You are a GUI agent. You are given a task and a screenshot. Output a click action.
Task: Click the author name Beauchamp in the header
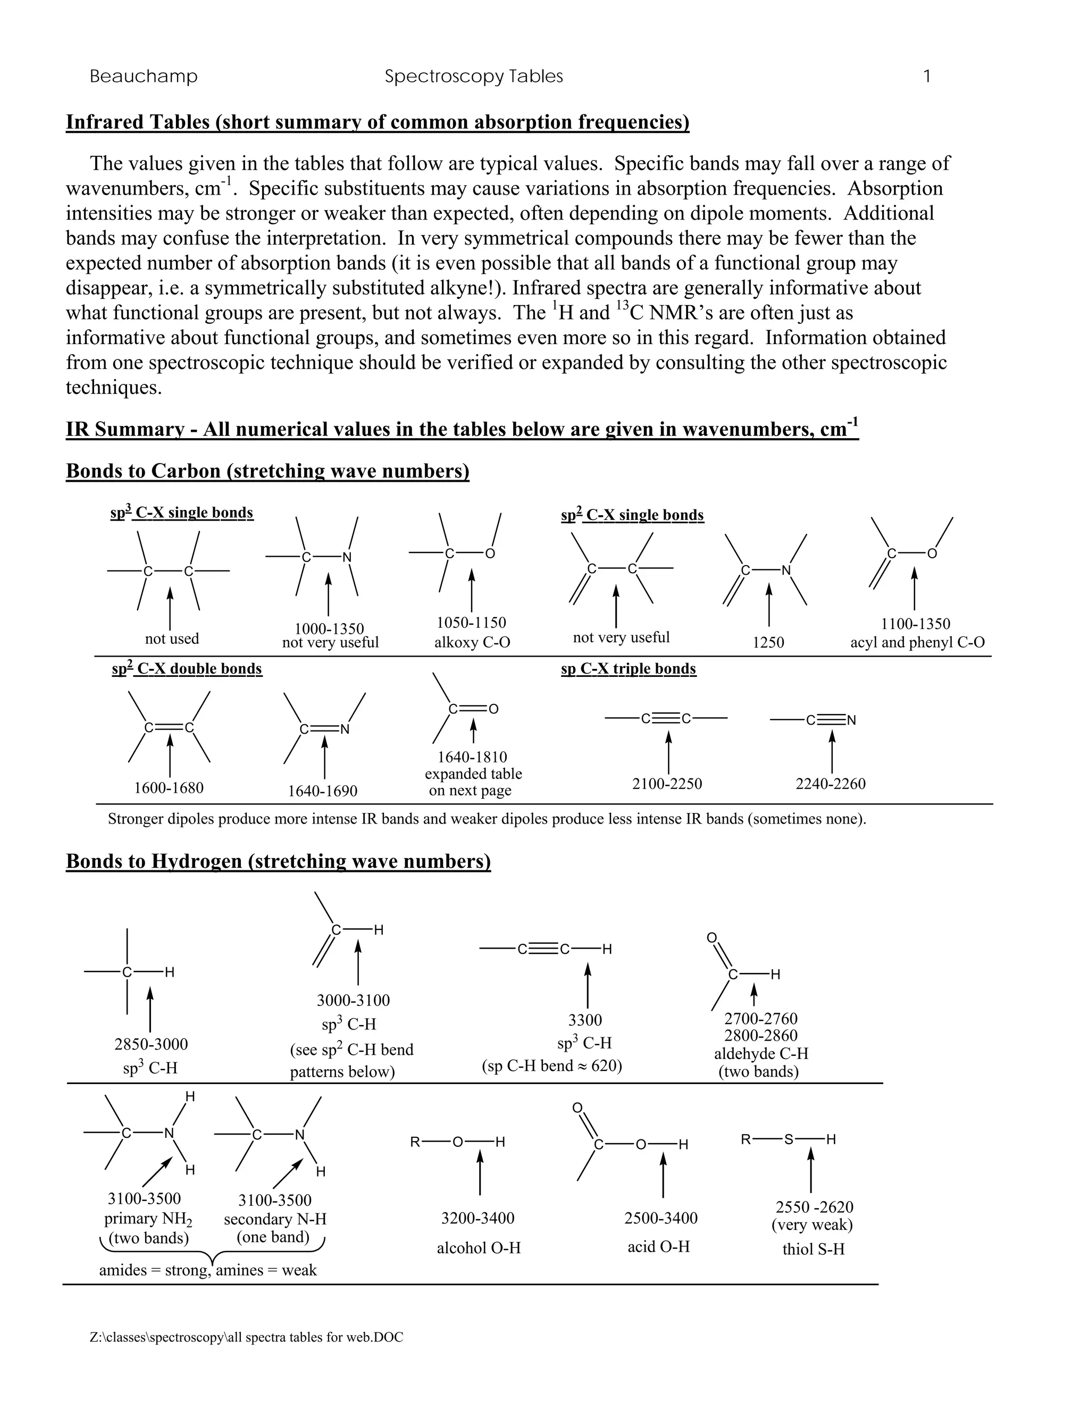[143, 77]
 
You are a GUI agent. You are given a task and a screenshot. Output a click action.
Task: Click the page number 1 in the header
[927, 77]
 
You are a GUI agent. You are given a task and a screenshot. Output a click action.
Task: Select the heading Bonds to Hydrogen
[278, 861]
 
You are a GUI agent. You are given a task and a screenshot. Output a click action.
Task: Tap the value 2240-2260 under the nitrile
[830, 784]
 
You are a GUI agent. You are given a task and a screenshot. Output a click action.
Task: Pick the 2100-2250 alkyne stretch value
[667, 784]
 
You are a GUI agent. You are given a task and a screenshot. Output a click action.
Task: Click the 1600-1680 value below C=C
[169, 788]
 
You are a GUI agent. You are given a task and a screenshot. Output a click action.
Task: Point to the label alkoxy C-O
[472, 643]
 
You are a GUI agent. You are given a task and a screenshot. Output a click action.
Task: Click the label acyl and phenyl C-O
[917, 643]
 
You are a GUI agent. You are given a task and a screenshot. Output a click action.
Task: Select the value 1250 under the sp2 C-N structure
[768, 643]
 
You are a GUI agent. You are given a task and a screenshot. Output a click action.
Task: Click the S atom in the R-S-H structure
[789, 1140]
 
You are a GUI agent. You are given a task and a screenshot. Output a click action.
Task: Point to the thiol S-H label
[813, 1249]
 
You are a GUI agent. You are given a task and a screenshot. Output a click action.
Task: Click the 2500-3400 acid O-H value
[660, 1218]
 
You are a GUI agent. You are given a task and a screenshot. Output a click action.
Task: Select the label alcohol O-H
[479, 1248]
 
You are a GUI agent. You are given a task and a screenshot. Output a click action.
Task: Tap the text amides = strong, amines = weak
[208, 1270]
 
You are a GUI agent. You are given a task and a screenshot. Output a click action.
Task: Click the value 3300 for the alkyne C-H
[585, 1020]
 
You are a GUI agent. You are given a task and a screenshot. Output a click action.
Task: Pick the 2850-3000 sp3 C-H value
[151, 1044]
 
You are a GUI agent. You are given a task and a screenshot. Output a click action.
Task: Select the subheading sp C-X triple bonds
[629, 669]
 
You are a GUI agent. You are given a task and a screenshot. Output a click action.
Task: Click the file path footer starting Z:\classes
[246, 1337]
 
